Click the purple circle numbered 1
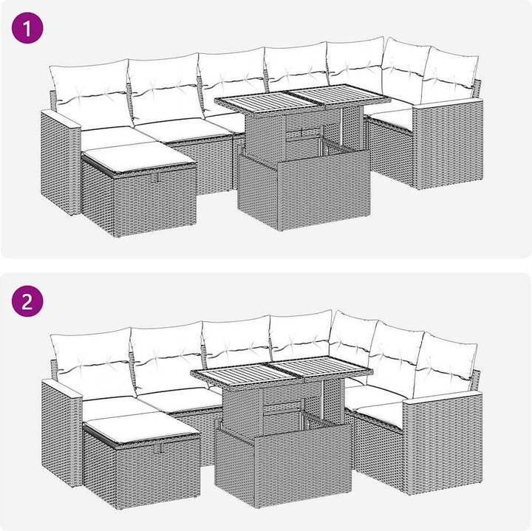click(27, 28)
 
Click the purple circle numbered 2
click(27, 301)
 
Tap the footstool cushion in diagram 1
click(140, 157)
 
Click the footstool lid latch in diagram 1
click(157, 178)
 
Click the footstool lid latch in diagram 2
click(160, 448)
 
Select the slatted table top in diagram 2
click(282, 371)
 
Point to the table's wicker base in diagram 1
click(304, 190)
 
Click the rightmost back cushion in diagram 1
click(450, 75)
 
